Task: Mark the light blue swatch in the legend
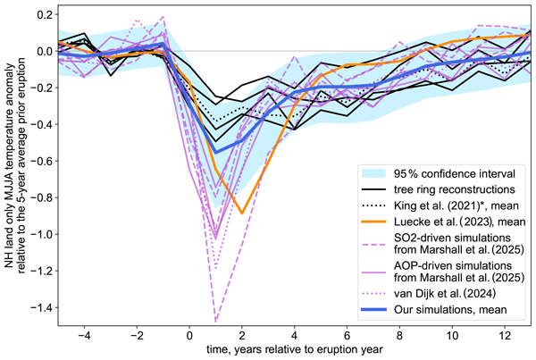[374, 172]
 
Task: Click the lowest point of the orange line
[242, 213]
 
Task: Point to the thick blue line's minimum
[215, 152]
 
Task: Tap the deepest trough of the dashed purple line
[215, 321]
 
